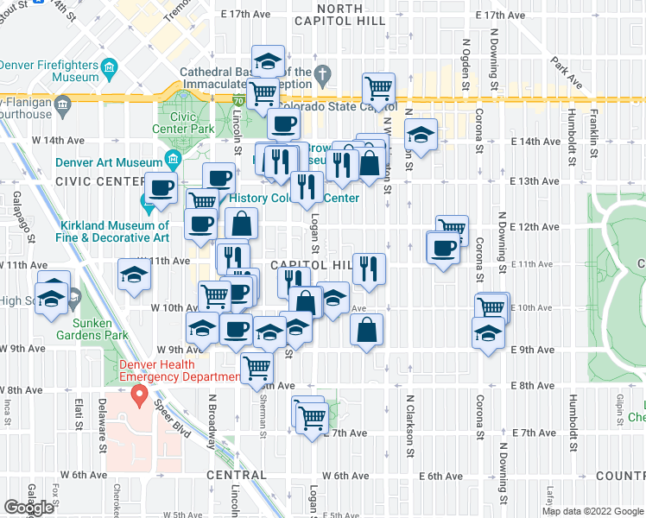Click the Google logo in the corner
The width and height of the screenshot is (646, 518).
tap(29, 508)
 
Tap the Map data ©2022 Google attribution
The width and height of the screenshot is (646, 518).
tap(593, 511)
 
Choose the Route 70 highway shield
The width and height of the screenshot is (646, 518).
tap(237, 101)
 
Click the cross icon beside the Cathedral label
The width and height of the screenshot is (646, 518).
tap(323, 73)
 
